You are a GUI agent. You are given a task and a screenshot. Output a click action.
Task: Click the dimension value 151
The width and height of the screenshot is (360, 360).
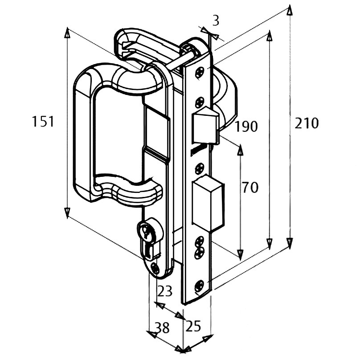[x=43, y=122]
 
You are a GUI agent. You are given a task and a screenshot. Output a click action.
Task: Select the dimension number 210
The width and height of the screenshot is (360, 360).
[x=307, y=123]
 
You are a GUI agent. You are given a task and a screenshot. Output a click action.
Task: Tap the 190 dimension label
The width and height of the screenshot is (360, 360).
[x=246, y=127]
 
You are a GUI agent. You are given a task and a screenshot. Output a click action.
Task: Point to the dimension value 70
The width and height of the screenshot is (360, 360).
[x=250, y=188]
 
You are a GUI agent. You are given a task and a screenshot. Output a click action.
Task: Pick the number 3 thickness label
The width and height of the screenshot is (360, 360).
[x=216, y=20]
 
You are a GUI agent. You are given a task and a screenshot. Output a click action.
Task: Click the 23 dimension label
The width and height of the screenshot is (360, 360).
[x=165, y=291]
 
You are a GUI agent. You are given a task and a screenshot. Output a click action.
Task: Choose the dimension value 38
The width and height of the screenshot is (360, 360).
[x=162, y=328]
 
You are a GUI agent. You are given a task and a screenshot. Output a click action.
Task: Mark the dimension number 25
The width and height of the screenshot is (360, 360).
[x=193, y=327]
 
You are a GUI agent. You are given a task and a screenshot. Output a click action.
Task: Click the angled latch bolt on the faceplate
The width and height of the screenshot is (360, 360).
[x=206, y=123]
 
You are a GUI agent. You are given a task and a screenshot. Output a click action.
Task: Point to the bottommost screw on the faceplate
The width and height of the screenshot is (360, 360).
[x=199, y=285]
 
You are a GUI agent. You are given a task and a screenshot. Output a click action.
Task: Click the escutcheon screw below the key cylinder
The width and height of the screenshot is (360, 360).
[x=155, y=268]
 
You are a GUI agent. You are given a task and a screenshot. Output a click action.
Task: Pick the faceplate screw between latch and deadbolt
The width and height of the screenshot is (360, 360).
[x=199, y=168]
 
